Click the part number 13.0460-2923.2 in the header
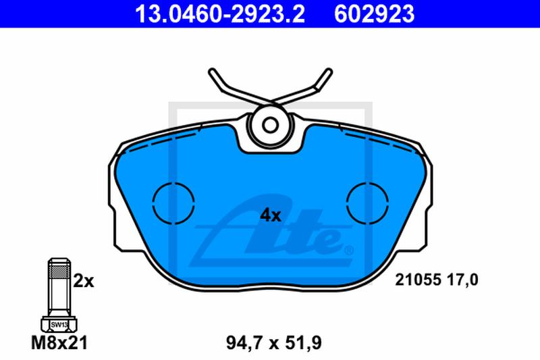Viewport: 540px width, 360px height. tap(220, 14)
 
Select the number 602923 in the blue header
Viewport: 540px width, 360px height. tap(375, 14)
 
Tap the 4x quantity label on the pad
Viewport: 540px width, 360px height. tap(271, 215)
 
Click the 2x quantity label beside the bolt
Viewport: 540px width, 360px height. tap(83, 281)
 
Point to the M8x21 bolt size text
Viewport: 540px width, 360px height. tap(59, 342)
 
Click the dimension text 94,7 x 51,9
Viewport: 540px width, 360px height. tap(274, 342)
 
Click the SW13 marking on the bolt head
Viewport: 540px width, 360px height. tap(59, 324)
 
